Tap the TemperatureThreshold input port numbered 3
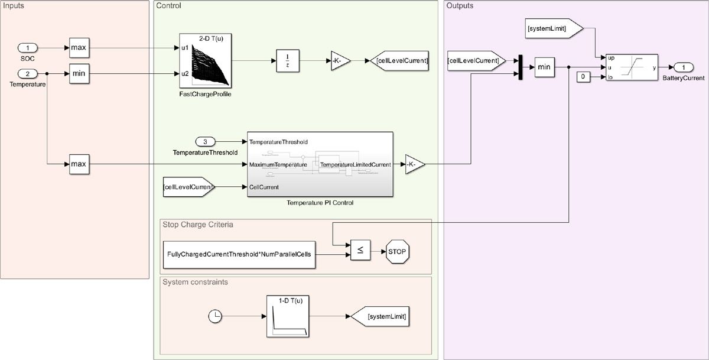coord(206,142)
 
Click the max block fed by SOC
coord(79,47)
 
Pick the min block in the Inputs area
coord(79,74)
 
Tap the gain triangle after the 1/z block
coord(340,60)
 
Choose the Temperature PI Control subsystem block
coord(321,164)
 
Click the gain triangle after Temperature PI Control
coord(414,164)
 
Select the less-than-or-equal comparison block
coord(360,251)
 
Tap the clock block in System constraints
coord(216,317)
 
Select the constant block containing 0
coord(582,77)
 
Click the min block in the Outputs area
coord(544,67)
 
